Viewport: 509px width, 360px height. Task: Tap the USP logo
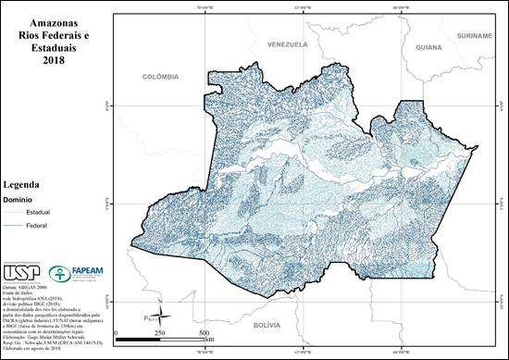point(22,274)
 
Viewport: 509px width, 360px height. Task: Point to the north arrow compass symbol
point(159,312)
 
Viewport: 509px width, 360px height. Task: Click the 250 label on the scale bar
point(158,333)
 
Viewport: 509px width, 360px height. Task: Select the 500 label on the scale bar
point(203,333)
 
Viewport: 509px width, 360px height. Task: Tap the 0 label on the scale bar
point(115,333)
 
